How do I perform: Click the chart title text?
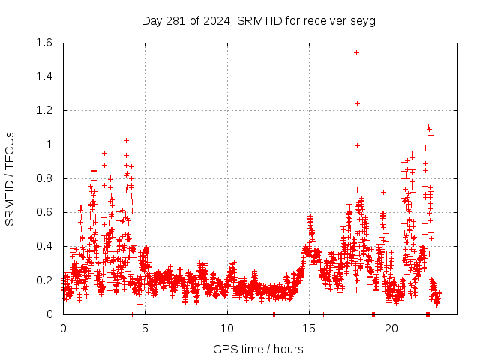[x=259, y=20]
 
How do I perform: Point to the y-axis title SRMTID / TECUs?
[x=10, y=178]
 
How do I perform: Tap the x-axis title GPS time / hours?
[x=259, y=349]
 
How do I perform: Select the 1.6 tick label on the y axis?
[x=43, y=43]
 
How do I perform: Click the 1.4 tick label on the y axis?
[x=43, y=76]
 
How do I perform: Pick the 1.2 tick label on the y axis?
[x=43, y=110]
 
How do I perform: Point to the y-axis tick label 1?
[x=49, y=145]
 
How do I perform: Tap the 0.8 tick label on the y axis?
[x=43, y=178]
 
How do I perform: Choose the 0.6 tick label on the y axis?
[x=43, y=212]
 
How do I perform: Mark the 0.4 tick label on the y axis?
[x=43, y=246]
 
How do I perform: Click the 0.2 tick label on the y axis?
[x=43, y=280]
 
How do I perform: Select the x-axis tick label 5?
[x=145, y=328]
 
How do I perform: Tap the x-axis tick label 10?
[x=227, y=328]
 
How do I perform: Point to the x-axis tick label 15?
[x=309, y=328]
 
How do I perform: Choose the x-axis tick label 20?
[x=391, y=328]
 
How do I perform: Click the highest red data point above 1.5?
[x=356, y=52]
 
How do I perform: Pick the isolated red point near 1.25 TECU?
[x=357, y=103]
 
